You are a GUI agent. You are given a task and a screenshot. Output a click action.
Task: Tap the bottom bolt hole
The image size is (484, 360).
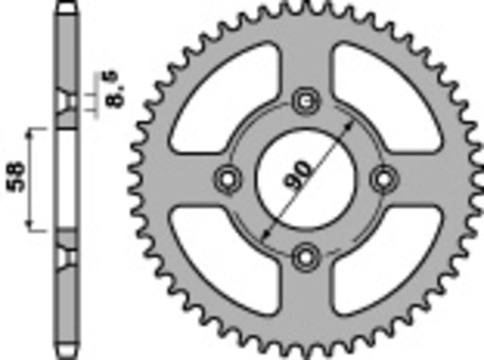304,256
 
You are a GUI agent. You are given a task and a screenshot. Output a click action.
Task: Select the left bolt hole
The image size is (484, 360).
226,178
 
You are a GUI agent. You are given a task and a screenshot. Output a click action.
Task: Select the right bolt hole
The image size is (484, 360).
382,178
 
